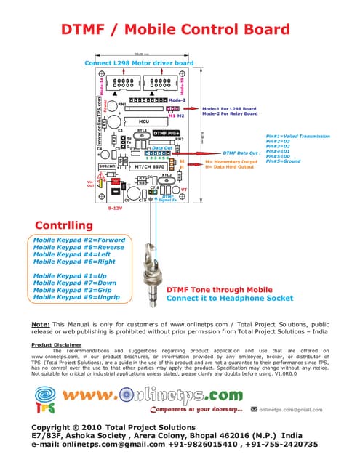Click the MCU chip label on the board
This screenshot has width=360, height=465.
pyautogui.click(x=144, y=121)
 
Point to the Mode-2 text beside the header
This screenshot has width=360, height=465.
pyautogui.click(x=178, y=100)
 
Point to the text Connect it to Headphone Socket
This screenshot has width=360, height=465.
pyautogui.click(x=231, y=298)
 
